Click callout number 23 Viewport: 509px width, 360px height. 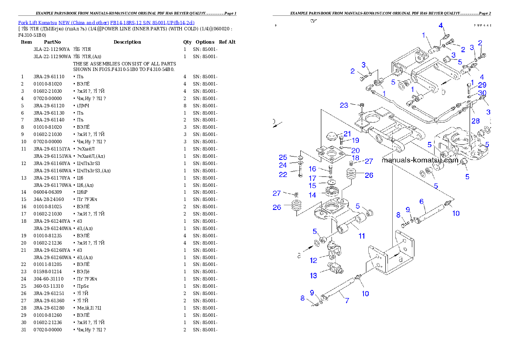pos(344,105)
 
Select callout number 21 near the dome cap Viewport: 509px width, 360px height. pos(347,134)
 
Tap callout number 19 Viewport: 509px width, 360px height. pos(355,140)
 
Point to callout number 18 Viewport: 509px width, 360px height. pos(355,158)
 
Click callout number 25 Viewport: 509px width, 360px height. pos(283,157)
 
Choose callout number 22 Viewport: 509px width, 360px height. pos(283,174)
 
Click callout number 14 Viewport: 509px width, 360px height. pos(312,195)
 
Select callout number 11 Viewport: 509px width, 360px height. pos(362,236)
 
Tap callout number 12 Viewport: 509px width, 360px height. pos(314,260)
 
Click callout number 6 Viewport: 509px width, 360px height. pos(421,201)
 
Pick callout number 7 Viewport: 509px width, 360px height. pos(347,301)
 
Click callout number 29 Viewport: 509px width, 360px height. pos(482,85)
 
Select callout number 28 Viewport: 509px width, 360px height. pos(476,121)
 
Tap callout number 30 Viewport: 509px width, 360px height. pos(482,93)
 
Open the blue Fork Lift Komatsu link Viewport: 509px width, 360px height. pos(106,23)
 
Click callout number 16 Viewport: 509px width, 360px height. pos(312,169)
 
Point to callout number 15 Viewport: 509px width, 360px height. pos(313,186)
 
